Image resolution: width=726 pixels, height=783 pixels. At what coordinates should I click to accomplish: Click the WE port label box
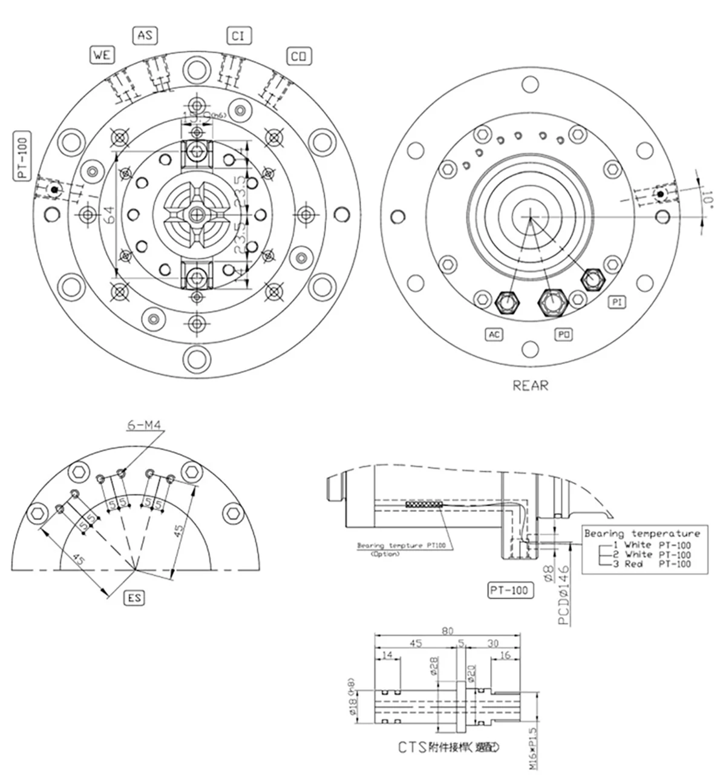coord(102,55)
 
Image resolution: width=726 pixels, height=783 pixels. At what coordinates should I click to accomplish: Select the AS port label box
coord(145,36)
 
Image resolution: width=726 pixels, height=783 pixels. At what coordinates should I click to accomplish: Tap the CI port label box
coord(238,36)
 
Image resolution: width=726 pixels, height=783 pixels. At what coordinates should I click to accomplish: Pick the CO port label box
coord(298,56)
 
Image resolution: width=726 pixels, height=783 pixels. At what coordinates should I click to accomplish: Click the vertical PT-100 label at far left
coord(22,157)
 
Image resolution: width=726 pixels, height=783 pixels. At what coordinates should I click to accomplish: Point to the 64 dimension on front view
coord(108,215)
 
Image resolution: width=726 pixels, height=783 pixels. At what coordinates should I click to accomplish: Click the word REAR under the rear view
coord(530,385)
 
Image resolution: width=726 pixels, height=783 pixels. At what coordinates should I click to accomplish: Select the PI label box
coord(616,301)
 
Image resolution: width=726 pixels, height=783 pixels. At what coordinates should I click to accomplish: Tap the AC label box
coord(494,334)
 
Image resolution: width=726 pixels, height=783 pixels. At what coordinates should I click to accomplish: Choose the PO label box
coord(564,334)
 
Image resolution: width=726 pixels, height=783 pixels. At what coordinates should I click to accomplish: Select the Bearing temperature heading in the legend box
coord(642,534)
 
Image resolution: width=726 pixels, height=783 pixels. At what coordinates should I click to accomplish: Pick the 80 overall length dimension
coord(447,631)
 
